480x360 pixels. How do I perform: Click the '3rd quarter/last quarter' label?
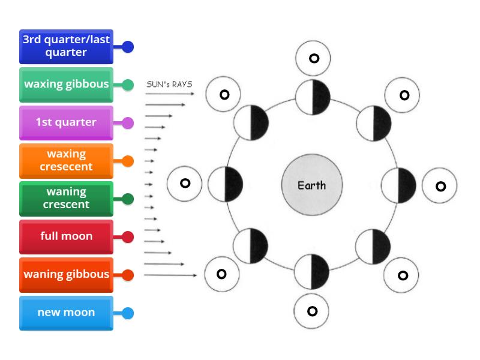point(66,46)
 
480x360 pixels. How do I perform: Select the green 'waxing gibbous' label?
point(66,85)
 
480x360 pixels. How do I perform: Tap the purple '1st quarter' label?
point(66,122)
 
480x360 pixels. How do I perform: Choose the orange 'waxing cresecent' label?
point(66,161)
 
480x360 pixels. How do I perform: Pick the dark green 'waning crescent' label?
point(66,199)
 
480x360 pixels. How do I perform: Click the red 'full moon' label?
point(66,236)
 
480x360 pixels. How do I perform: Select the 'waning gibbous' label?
point(66,275)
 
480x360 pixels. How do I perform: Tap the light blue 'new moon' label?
point(66,313)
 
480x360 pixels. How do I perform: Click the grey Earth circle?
point(311,185)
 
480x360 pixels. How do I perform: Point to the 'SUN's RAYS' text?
point(169,84)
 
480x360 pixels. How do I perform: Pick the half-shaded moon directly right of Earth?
point(398,185)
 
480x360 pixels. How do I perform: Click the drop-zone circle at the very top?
point(313,58)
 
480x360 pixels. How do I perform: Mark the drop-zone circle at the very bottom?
point(312,311)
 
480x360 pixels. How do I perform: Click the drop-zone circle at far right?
point(440,186)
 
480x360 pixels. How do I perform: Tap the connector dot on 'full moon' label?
point(127,237)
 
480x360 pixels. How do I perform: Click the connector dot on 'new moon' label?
point(127,313)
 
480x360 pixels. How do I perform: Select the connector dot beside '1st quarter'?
point(127,123)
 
